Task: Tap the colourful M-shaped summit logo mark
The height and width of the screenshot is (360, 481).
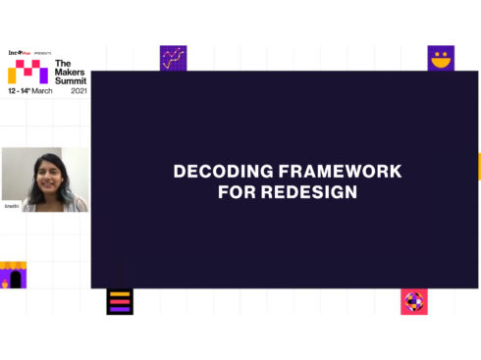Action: (27, 73)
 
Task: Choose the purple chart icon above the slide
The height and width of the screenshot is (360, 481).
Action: (173, 58)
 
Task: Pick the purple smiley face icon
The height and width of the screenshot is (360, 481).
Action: (441, 58)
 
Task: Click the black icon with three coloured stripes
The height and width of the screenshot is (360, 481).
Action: (120, 301)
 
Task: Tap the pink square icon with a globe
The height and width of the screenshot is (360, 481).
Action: (414, 301)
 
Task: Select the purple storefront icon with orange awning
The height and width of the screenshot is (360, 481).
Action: (12, 275)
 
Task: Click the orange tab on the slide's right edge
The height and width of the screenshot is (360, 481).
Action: (478, 166)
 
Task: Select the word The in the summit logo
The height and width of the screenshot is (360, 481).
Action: (63, 62)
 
